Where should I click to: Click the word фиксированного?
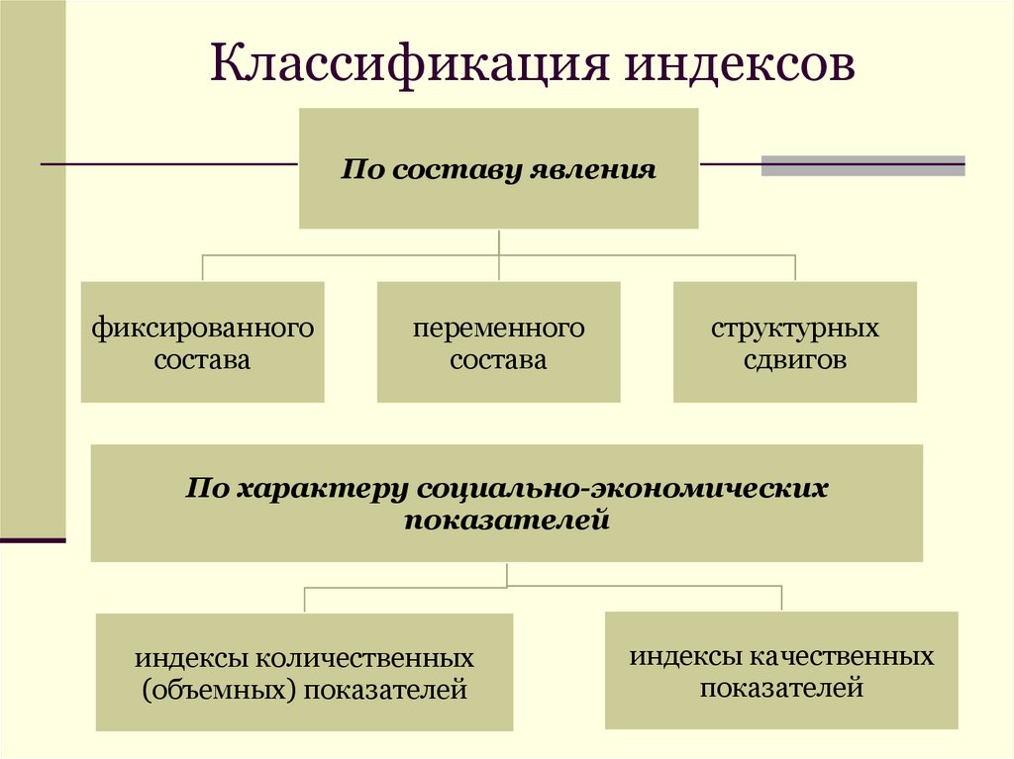tap(203, 328)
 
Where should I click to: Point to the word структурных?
tap(795, 328)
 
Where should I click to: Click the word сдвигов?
tap(795, 359)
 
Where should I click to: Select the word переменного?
tap(499, 328)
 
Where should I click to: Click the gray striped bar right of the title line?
tap(862, 165)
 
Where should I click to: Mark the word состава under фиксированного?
tap(203, 359)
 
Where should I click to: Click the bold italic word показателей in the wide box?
tap(506, 519)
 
